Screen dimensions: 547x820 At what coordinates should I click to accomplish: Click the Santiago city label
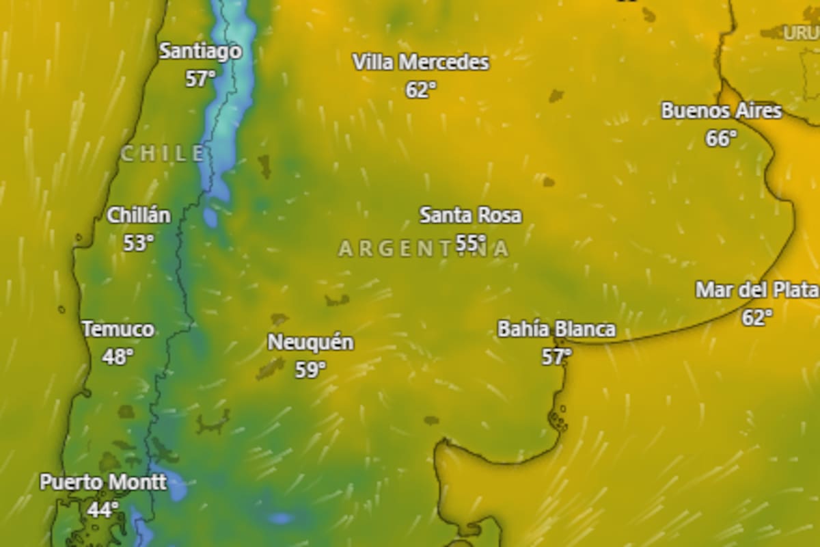coord(200,51)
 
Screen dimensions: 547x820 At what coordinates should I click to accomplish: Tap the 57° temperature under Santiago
coord(200,79)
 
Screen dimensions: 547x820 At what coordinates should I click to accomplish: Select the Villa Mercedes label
coord(421,63)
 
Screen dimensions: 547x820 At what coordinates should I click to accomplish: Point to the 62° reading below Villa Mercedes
coord(421,90)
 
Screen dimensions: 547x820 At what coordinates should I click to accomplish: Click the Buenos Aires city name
coord(721,111)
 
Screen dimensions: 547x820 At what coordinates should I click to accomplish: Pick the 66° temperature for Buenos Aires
coord(721,138)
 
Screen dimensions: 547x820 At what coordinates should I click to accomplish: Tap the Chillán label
coord(139,215)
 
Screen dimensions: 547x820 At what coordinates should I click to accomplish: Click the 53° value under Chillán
coord(138,242)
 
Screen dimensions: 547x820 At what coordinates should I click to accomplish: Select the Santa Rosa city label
coord(470,215)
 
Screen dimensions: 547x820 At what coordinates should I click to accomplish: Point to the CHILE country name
coord(163,154)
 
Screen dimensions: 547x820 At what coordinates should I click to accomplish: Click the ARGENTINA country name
coord(424,249)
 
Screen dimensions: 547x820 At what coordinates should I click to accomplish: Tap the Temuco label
coord(118,330)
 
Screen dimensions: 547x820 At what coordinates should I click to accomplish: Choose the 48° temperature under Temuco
coord(118,356)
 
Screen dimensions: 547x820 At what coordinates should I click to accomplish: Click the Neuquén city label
coord(310,343)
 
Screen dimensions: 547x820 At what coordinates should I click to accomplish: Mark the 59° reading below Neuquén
coord(310,370)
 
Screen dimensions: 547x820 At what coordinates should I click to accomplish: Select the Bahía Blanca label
coord(556,330)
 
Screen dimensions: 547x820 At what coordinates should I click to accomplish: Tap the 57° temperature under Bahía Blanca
coord(556,356)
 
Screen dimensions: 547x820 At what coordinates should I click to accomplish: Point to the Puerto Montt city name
coord(102,482)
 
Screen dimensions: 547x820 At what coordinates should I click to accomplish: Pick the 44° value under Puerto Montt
coord(102,509)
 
